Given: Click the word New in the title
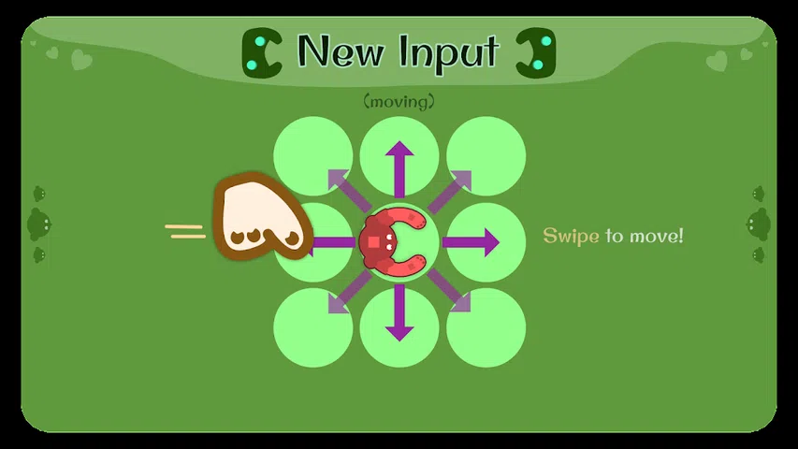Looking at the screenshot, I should point(340,51).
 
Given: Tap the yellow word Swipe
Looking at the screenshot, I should point(571,236).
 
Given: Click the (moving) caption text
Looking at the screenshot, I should point(399,101).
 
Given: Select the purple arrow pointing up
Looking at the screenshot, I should point(399,168).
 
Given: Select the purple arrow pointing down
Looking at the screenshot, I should point(399,314).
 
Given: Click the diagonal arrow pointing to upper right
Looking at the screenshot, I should point(450,191).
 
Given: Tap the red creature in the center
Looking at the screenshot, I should point(392,241).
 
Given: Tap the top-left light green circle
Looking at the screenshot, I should point(312,155).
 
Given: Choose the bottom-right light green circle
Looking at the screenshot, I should point(486,328).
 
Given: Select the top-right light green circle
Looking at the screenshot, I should point(486,155).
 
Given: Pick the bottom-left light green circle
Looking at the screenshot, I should point(312,328).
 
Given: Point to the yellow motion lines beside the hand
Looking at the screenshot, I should point(185,230).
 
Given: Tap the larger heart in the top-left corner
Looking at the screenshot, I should point(81,61).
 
